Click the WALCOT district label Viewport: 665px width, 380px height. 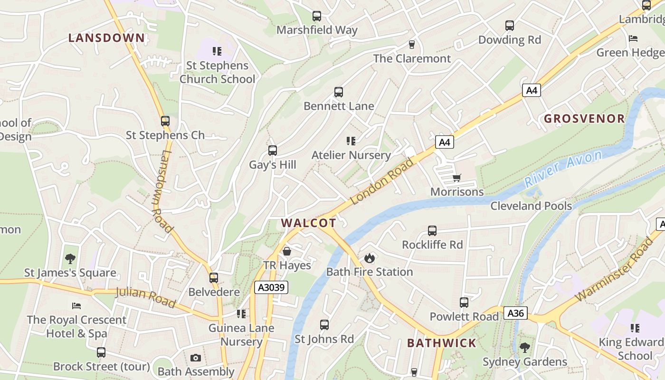click(308, 223)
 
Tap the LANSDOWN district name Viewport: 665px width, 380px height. click(106, 38)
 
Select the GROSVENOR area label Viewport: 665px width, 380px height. click(584, 119)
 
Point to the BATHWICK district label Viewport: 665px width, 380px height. click(441, 343)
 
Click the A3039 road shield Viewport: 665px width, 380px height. click(271, 287)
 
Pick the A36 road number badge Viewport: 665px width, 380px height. click(515, 313)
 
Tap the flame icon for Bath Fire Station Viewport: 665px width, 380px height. click(369, 258)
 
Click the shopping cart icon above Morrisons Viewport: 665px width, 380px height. click(456, 178)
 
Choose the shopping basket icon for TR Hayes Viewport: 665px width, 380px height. click(287, 251)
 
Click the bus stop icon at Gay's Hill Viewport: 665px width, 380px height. click(272, 151)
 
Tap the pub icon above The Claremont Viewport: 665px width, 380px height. click(412, 45)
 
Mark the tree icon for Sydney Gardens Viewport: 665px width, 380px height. click(524, 348)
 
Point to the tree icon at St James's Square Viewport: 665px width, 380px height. click(70, 259)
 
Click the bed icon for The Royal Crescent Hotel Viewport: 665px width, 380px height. click(76, 305)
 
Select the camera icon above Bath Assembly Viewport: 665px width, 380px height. click(196, 358)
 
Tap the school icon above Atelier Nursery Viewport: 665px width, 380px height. click(351, 141)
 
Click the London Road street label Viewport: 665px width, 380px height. click(382, 181)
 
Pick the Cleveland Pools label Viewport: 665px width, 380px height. click(531, 206)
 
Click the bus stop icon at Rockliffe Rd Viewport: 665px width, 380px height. click(432, 231)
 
